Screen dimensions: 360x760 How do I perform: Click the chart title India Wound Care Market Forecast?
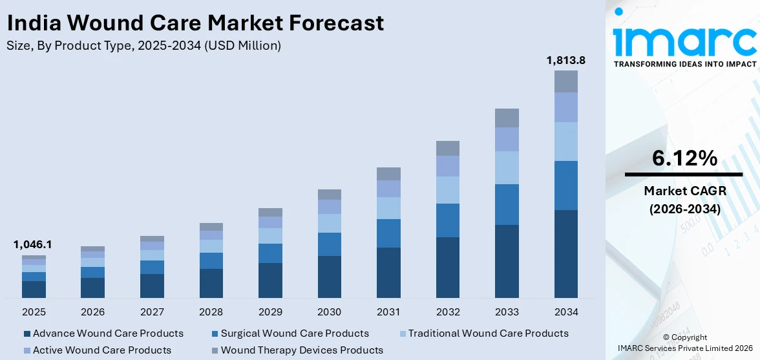pos(195,23)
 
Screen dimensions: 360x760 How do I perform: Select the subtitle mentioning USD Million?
pos(143,46)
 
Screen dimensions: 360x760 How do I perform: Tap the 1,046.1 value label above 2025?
pos(32,245)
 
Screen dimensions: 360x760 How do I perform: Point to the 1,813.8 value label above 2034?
pos(565,60)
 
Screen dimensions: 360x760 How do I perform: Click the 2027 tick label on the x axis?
pos(152,312)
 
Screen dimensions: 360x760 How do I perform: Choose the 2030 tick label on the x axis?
pos(329,312)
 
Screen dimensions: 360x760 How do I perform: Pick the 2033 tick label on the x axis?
pos(507,312)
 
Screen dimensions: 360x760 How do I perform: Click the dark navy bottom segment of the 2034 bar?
pos(565,253)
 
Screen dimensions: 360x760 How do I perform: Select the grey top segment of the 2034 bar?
pos(565,81)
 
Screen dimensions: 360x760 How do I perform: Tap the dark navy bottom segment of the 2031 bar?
pos(388,272)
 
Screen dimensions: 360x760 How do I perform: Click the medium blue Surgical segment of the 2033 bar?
pos(507,204)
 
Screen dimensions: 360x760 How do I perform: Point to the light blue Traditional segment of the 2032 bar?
pos(447,190)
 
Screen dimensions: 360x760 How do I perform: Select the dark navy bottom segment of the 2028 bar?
pos(211,283)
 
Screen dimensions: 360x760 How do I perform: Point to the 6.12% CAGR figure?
pos(684,158)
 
